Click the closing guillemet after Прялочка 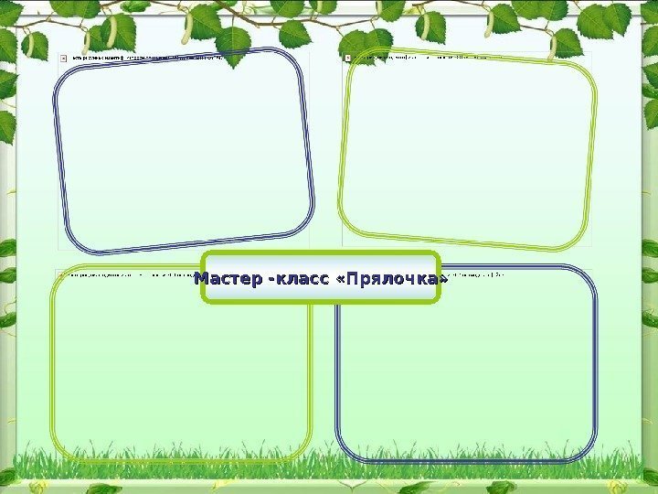point(444,278)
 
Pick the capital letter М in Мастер point(203,278)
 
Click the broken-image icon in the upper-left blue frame point(63,56)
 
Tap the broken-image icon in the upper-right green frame point(347,57)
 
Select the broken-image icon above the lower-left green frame point(61,273)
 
